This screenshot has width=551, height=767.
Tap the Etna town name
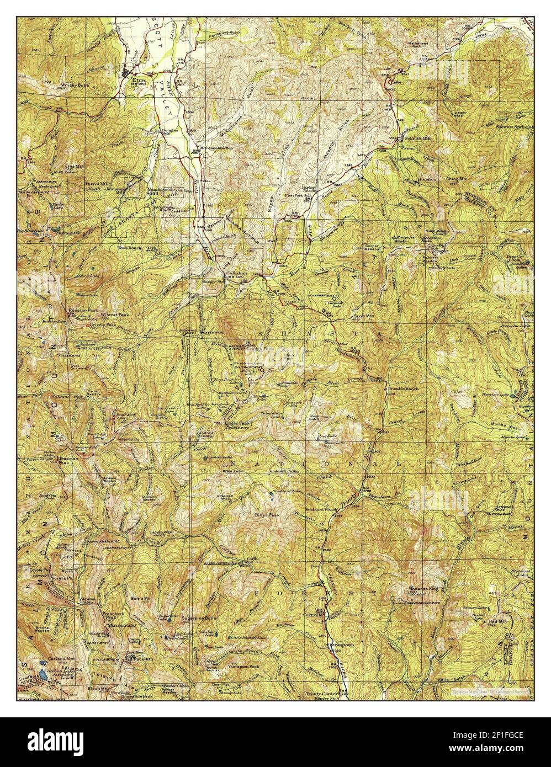point(138,79)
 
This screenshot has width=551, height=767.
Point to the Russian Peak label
point(83,311)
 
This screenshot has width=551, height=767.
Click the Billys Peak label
point(268,514)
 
